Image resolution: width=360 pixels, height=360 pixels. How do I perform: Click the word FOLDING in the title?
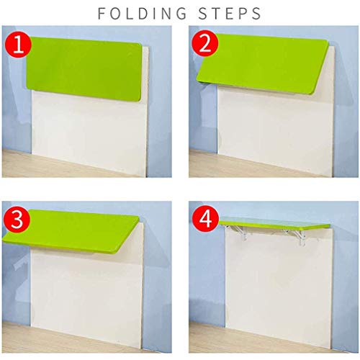144,13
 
